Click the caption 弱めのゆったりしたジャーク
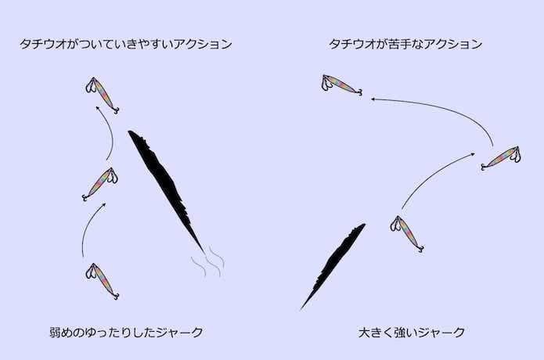coord(126,333)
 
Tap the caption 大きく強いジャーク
coord(412,333)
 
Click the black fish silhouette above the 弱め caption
coord(166,192)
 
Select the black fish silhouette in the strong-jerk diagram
coord(333,266)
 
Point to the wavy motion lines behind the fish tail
coord(208,263)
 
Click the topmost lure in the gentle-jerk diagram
coord(103,95)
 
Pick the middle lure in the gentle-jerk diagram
coord(100,184)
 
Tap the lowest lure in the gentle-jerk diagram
coord(103,281)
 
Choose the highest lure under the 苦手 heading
coord(342,85)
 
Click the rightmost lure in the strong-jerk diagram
coord(501,158)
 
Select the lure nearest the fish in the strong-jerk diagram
coord(406,234)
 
